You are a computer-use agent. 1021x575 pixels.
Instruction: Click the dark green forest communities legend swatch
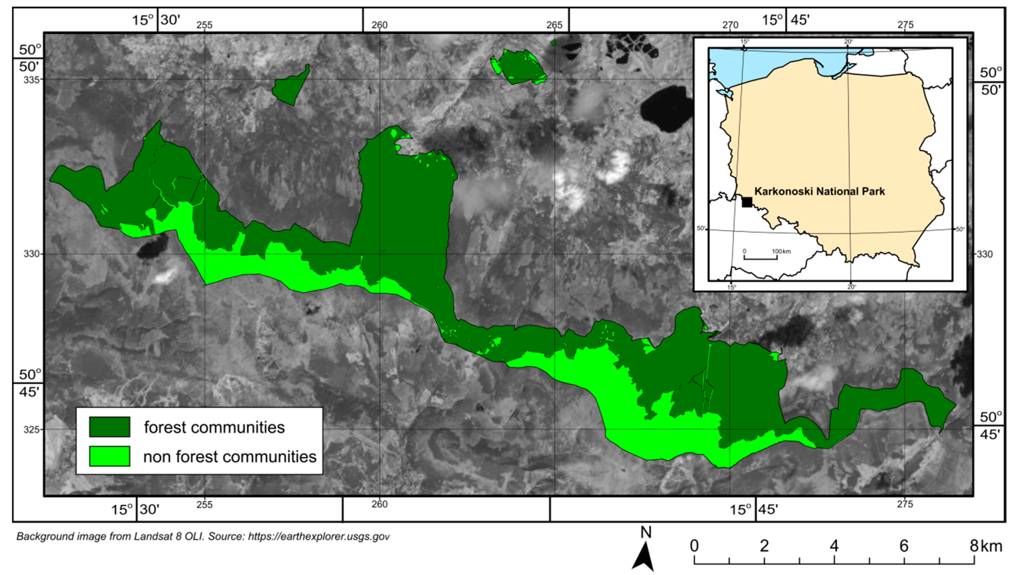point(109,426)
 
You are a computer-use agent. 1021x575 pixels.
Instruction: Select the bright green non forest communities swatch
point(109,456)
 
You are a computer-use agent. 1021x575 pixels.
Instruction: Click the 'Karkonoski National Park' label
point(819,191)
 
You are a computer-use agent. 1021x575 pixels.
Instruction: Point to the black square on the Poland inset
point(747,202)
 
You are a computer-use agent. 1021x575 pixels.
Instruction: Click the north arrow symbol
point(643,557)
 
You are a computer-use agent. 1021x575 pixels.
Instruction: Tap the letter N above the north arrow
point(646,533)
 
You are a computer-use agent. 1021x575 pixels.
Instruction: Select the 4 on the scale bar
point(834,546)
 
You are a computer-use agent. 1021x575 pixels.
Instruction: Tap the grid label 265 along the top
point(554,25)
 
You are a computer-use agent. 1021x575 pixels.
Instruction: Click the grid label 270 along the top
point(730,25)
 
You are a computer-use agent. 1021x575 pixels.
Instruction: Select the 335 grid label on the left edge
point(32,79)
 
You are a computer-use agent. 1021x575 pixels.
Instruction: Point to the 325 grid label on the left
point(32,429)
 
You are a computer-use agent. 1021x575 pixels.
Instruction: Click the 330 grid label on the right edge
point(984,254)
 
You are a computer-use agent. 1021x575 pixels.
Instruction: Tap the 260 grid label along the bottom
point(379,505)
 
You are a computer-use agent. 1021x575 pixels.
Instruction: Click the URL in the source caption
point(319,537)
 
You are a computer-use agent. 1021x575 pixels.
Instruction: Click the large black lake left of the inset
point(666,109)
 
